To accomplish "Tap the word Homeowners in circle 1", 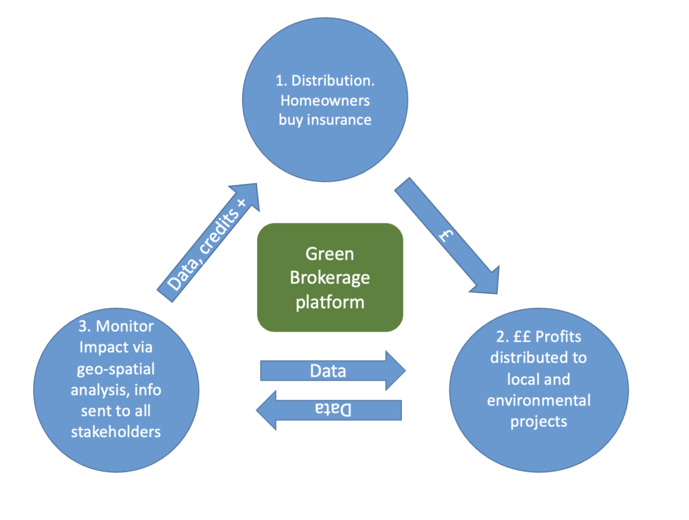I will click(x=325, y=100).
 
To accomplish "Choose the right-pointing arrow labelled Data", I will click(x=332, y=370).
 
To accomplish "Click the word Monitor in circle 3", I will click(x=125, y=327).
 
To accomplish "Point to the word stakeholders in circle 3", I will click(x=116, y=431).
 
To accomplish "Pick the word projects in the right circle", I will click(x=538, y=422).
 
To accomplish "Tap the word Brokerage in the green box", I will click(x=330, y=277).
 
